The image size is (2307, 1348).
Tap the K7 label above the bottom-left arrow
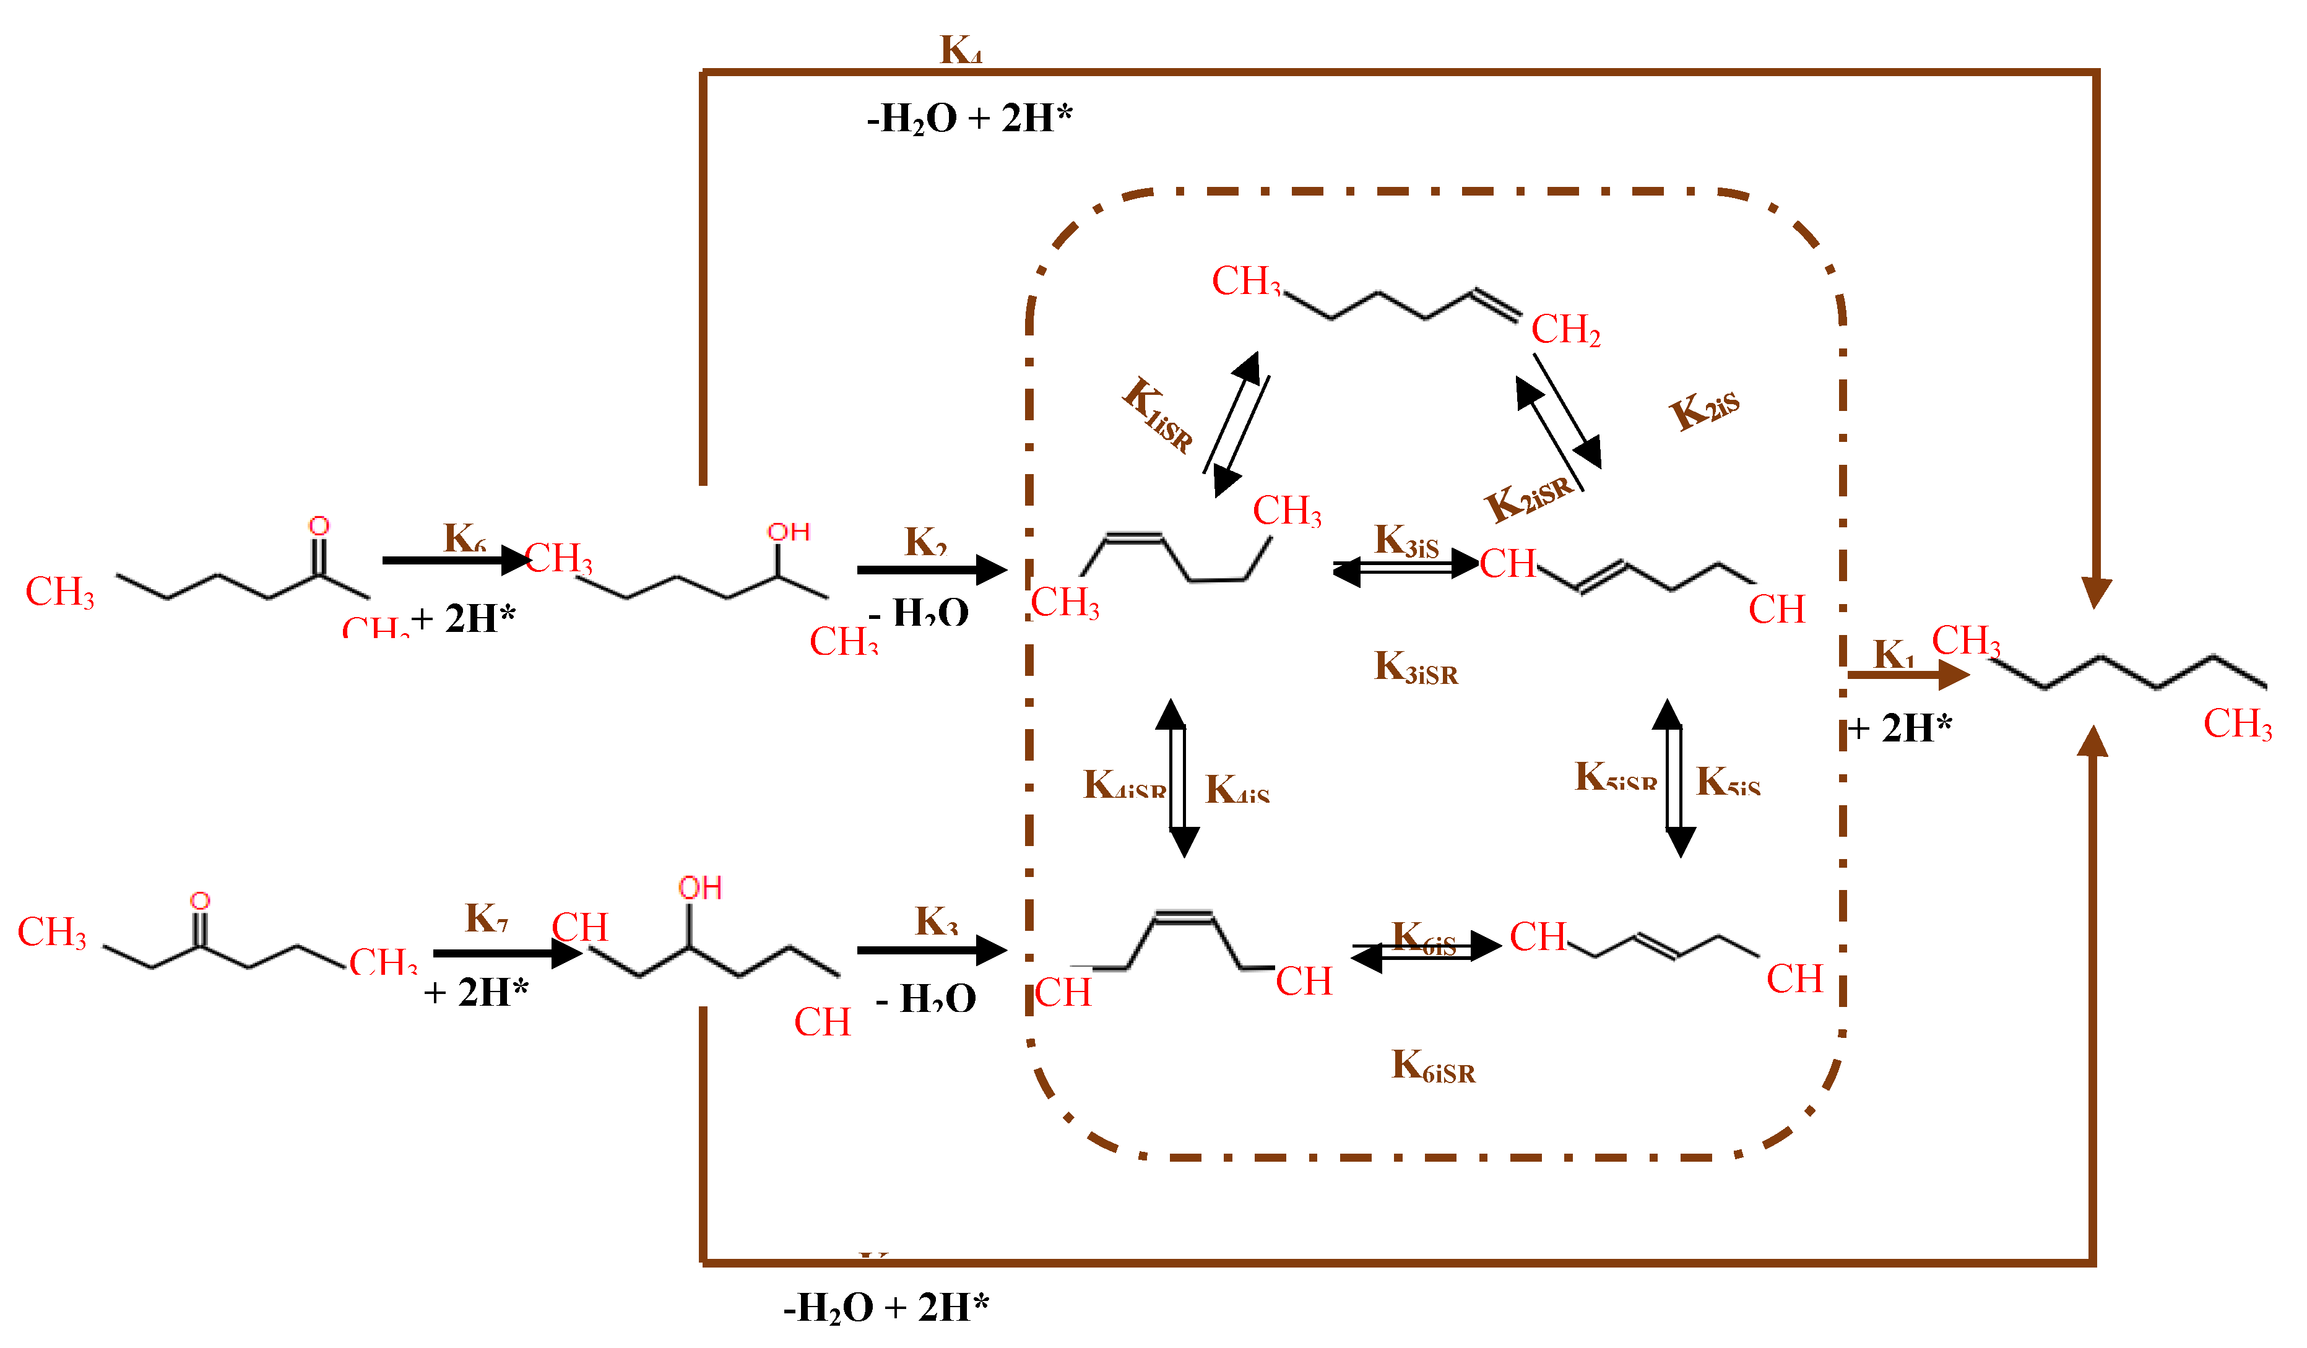coord(486,918)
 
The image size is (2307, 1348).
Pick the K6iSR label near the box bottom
coord(1433,1067)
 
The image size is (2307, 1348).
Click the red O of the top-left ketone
coord(319,526)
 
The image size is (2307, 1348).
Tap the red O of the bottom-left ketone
coord(199,901)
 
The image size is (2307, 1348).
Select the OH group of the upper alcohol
coord(788,533)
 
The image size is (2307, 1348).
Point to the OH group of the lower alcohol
coord(700,888)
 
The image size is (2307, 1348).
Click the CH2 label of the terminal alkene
coord(1565,329)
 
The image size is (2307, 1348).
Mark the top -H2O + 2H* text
coord(969,119)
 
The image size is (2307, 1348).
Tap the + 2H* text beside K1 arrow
coord(1900,729)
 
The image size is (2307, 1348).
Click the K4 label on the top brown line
coord(961,50)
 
